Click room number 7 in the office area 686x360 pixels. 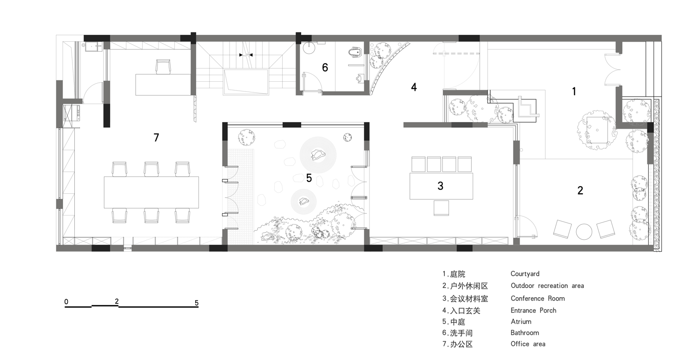[x=156, y=137]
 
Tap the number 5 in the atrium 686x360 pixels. [x=309, y=178]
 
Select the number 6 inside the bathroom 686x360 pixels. [x=325, y=67]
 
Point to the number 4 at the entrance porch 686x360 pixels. [x=414, y=87]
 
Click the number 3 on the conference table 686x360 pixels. [x=440, y=186]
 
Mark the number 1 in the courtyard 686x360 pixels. [x=574, y=92]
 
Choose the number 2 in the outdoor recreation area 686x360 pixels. [x=580, y=190]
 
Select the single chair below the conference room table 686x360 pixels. [x=441, y=208]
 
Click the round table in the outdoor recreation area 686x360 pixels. [x=583, y=231]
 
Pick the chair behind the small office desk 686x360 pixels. [x=163, y=66]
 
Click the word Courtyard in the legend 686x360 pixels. [x=525, y=274]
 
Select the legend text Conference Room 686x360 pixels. [x=537, y=298]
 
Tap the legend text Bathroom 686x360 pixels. [x=525, y=333]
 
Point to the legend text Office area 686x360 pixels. [x=528, y=344]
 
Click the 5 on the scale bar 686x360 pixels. [x=197, y=303]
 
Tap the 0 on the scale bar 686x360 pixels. [x=66, y=302]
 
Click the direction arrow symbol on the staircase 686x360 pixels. [x=246, y=55]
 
